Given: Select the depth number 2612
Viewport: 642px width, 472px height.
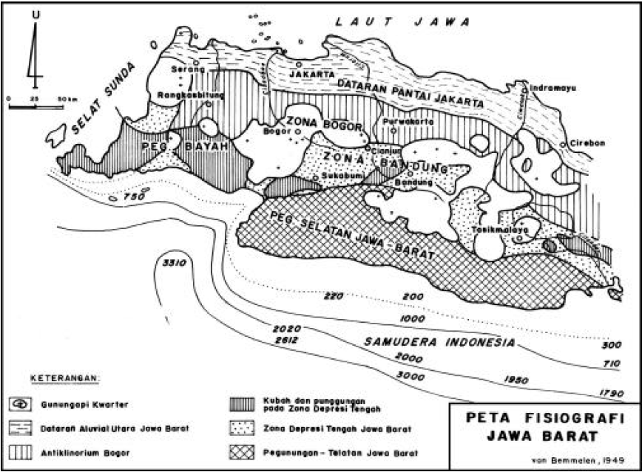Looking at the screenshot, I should pos(288,339).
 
